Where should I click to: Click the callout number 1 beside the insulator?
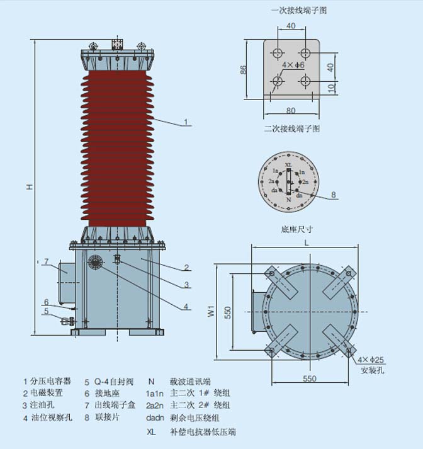[186, 121]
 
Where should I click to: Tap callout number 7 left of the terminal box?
[45, 261]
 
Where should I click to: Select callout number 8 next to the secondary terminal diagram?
[334, 195]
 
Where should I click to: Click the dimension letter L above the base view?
[306, 242]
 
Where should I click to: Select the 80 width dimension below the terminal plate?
[291, 111]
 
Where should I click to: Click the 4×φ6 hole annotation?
[293, 65]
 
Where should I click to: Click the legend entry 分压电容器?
[48, 382]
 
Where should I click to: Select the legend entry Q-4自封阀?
[115, 382]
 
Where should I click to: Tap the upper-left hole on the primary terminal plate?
[278, 54]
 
